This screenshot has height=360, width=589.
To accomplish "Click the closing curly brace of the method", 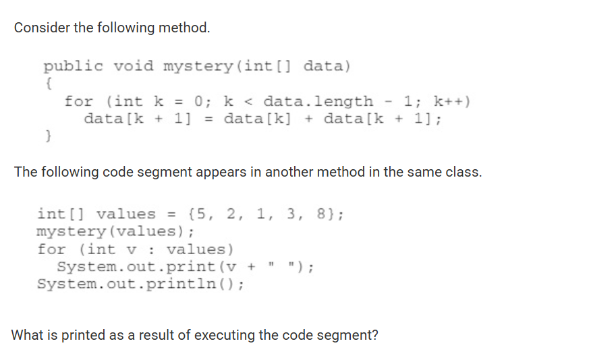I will (x=48, y=137).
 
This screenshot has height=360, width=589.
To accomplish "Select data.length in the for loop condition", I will (x=318, y=102).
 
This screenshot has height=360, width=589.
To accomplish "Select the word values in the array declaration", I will (x=125, y=214).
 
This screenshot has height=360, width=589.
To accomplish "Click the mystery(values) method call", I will (x=115, y=232).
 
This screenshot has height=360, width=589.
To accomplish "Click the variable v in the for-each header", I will (x=136, y=249).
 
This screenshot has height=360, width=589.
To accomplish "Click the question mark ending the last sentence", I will (x=374, y=334).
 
